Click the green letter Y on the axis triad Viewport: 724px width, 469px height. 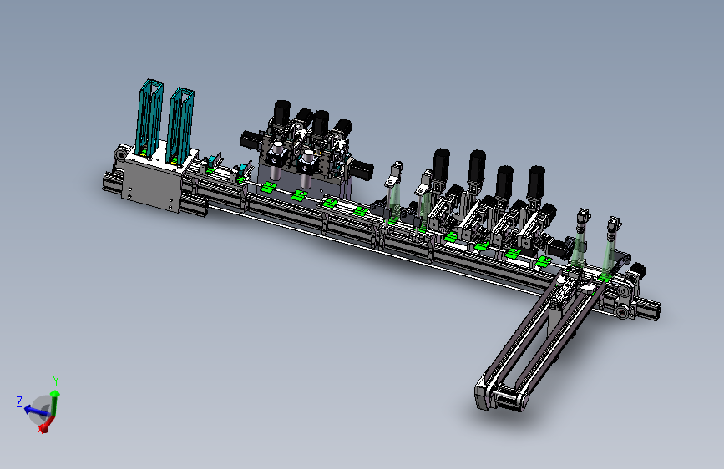56,381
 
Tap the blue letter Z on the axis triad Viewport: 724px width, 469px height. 19,401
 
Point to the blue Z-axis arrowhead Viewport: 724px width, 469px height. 28,409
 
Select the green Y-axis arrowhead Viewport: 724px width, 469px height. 55,394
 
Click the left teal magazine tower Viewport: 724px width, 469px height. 149,117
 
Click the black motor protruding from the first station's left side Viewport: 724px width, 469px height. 250,139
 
